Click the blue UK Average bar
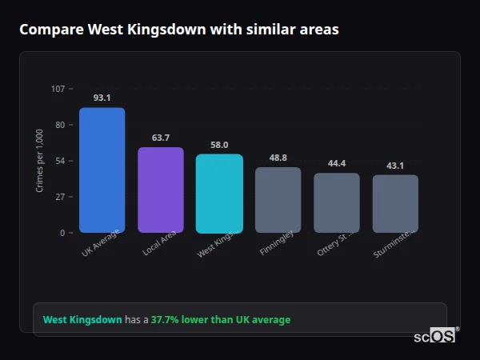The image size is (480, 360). (x=102, y=170)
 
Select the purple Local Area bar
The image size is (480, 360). (x=160, y=190)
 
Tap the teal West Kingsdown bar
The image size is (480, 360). (x=219, y=194)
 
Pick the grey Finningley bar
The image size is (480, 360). (x=278, y=200)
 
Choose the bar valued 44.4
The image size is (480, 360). (x=336, y=203)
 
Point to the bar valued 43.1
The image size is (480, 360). (x=395, y=204)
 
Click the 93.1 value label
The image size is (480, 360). (x=102, y=98)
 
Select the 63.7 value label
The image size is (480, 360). (x=160, y=138)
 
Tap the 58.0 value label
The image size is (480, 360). (x=219, y=145)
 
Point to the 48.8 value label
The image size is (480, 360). (x=278, y=158)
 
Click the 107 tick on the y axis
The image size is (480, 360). (x=58, y=89)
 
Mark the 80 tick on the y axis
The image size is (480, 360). (x=59, y=125)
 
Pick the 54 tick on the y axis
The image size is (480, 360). (x=59, y=161)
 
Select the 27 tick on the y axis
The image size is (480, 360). (x=59, y=197)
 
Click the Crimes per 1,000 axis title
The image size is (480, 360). (x=40, y=162)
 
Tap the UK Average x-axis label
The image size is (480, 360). (x=101, y=243)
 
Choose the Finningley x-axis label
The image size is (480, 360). (x=277, y=244)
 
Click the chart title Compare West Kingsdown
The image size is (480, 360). (x=178, y=30)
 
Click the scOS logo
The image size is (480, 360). (x=434, y=337)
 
